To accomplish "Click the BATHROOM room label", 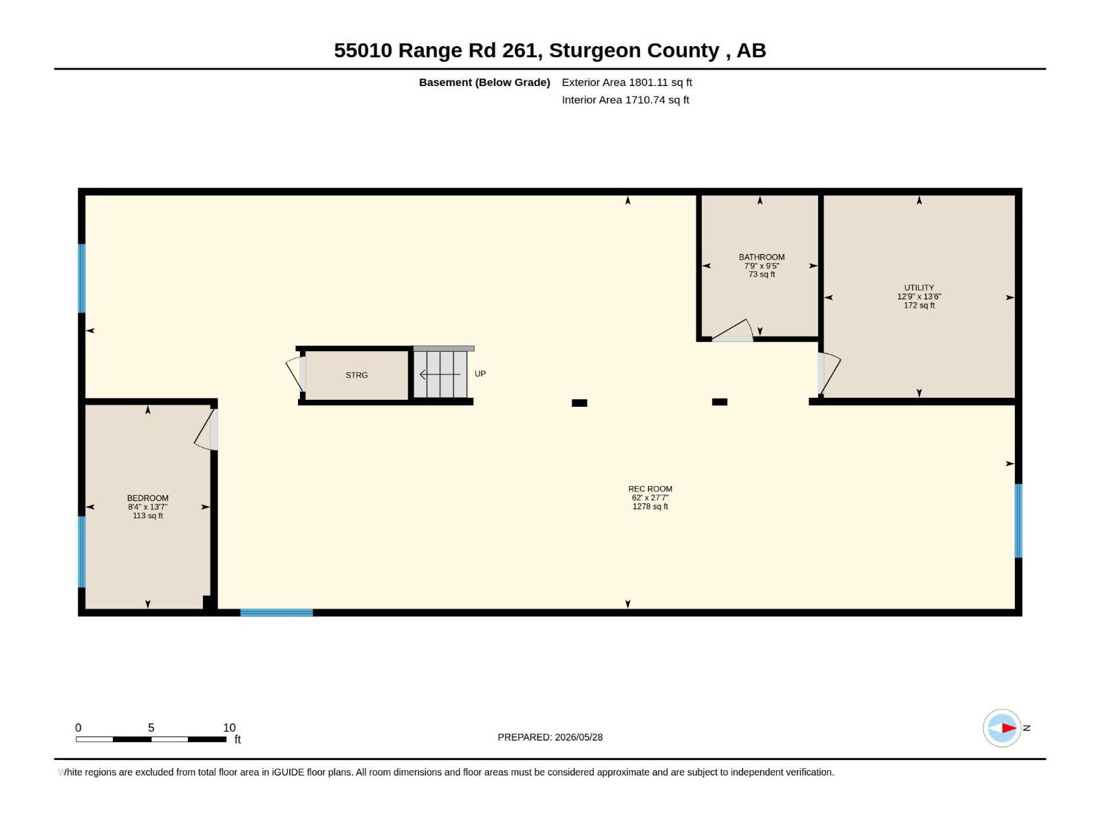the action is click(762, 257).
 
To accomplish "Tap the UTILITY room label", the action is click(919, 288).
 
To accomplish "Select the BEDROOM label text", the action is click(147, 498).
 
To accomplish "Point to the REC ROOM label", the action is click(650, 489).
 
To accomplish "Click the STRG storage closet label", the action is click(356, 375).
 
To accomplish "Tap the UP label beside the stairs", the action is click(480, 374).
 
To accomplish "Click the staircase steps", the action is click(440, 374).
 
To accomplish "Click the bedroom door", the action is click(206, 430).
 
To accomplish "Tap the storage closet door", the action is click(296, 374).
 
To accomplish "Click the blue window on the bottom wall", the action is click(277, 613).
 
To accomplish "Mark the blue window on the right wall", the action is click(1018, 520).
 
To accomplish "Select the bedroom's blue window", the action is click(82, 551).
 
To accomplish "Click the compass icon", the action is click(1002, 728).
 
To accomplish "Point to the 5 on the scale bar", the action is click(151, 728).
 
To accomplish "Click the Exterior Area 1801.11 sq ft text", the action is click(626, 82).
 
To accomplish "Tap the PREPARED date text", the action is click(550, 737).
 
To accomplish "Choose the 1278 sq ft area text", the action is click(650, 507).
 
